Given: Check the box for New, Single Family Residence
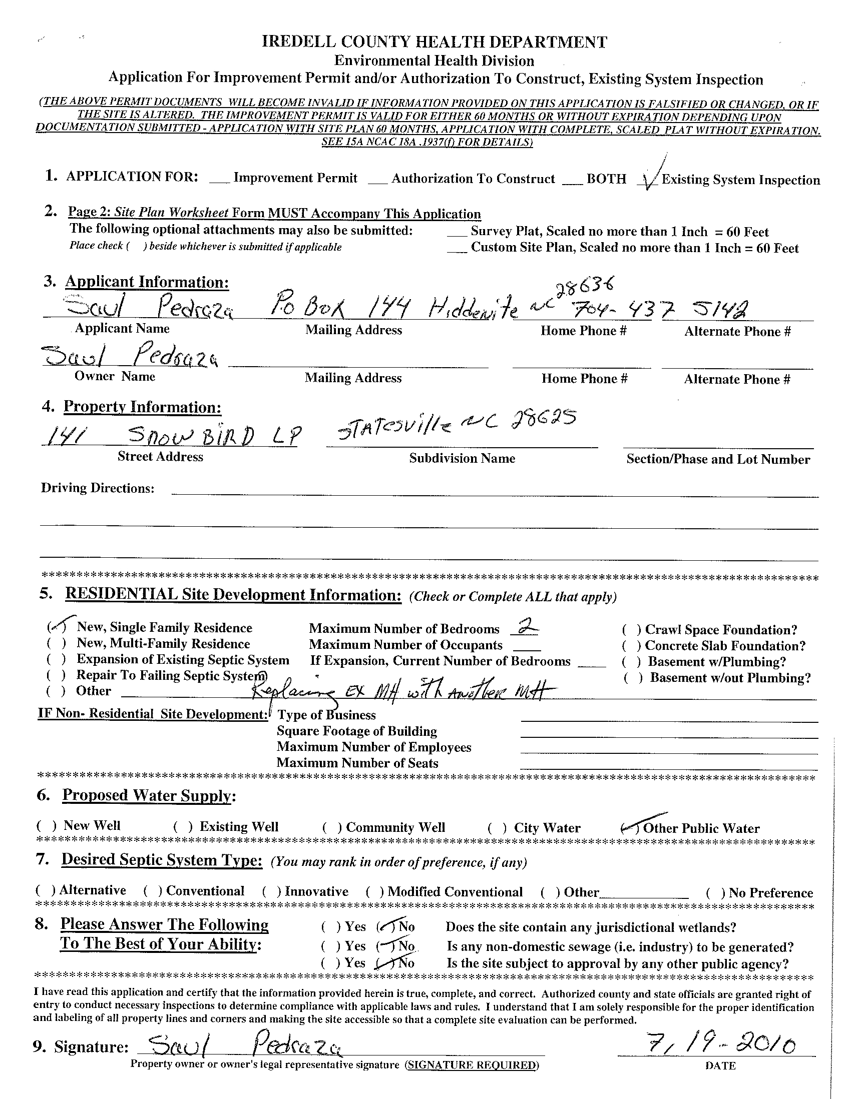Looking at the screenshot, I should [x=56, y=627].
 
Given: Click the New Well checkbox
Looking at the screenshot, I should [x=46, y=826].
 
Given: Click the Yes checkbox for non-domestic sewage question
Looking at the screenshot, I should [x=331, y=946].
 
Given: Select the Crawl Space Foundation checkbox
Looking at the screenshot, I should [x=631, y=629].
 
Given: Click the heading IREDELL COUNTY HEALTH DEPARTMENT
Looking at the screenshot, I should [x=434, y=42].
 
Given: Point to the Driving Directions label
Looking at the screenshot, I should [x=97, y=488].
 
